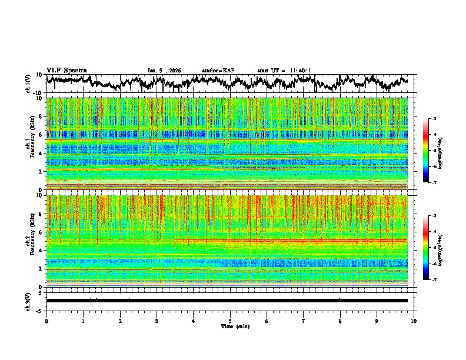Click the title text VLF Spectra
coord(66,70)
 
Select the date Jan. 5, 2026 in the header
coord(164,71)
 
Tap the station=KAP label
coord(218,71)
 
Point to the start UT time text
coord(284,71)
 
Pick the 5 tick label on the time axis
coord(230,321)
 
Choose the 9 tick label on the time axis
coord(377,321)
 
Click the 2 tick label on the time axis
coord(120,321)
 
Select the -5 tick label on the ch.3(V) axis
coord(39,309)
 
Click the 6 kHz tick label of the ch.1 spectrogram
coord(41,135)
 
